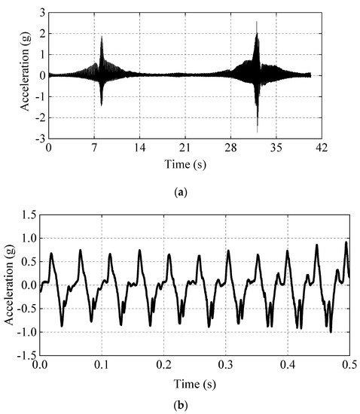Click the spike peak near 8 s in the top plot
point(102,36)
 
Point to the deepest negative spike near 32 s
point(258,132)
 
